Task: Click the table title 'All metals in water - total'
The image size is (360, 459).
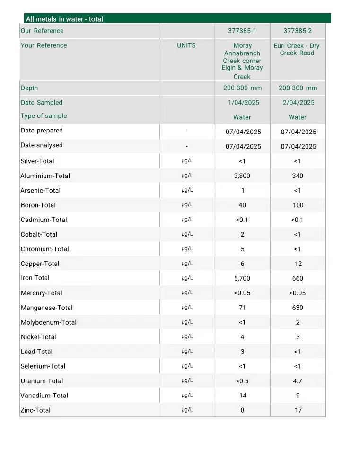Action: [64, 19]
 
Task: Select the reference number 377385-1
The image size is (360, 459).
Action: [242, 31]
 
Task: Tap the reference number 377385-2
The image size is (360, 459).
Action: [298, 31]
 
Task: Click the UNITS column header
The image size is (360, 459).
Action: [186, 45]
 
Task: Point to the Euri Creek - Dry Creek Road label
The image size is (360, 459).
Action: [297, 49]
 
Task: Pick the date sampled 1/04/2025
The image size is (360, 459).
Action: [242, 103]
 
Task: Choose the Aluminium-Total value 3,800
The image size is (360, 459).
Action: [242, 176]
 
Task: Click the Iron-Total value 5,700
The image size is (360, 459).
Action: [242, 279]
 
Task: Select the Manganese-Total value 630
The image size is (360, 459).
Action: [298, 308]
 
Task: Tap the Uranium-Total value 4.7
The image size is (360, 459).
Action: [298, 381]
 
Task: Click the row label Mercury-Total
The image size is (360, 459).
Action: [42, 293]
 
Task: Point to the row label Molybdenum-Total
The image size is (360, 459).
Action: [49, 323]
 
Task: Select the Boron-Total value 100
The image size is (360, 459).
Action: [298, 205]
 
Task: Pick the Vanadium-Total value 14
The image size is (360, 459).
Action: [243, 396]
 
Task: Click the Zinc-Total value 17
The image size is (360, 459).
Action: [298, 411]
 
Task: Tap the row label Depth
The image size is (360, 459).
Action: [29, 88]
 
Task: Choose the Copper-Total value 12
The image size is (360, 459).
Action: [298, 264]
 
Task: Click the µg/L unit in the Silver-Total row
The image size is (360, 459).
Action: [187, 161]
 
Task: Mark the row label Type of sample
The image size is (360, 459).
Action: [44, 116]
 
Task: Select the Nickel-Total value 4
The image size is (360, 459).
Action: [242, 337]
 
